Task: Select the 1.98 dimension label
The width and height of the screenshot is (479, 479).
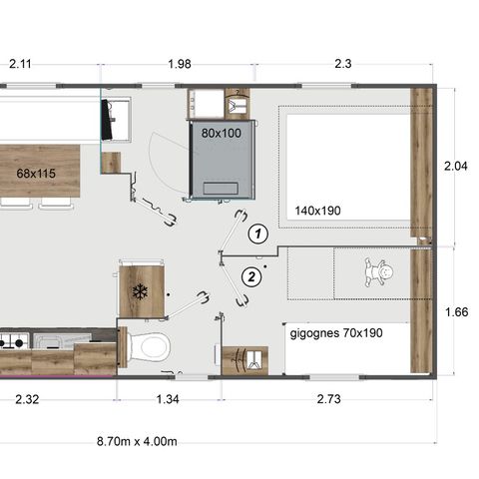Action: click(180, 64)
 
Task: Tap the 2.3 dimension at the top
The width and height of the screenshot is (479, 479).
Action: click(342, 64)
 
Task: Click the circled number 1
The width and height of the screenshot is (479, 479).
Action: click(257, 235)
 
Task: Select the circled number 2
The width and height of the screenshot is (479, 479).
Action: click(252, 275)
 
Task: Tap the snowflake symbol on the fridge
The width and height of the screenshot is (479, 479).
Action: click(140, 292)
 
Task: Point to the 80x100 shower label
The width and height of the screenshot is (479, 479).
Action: click(221, 133)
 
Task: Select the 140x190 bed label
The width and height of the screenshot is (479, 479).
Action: click(318, 211)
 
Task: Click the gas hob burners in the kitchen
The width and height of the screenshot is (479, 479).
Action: click(12, 342)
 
